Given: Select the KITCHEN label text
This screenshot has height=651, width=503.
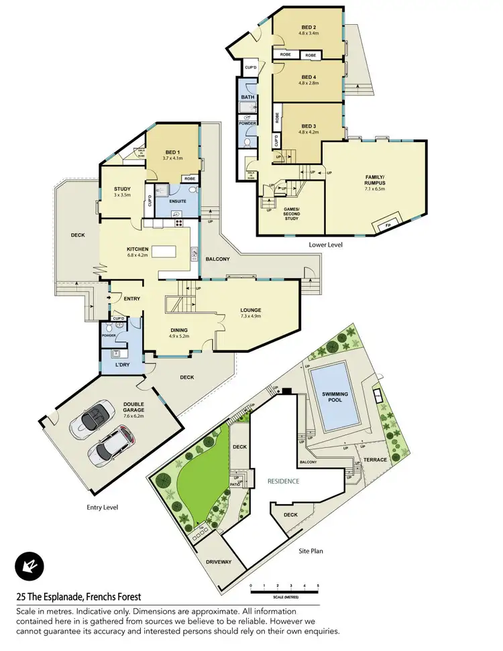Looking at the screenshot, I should [x=137, y=249].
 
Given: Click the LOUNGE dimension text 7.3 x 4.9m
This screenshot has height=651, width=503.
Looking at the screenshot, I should [x=251, y=316].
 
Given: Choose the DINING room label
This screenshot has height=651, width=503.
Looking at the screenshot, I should [x=178, y=330].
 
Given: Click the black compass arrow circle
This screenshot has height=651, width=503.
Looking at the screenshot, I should [x=30, y=567].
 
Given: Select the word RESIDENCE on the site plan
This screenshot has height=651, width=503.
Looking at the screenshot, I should [x=283, y=481].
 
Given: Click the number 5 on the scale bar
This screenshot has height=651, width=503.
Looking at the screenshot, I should [x=318, y=586].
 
